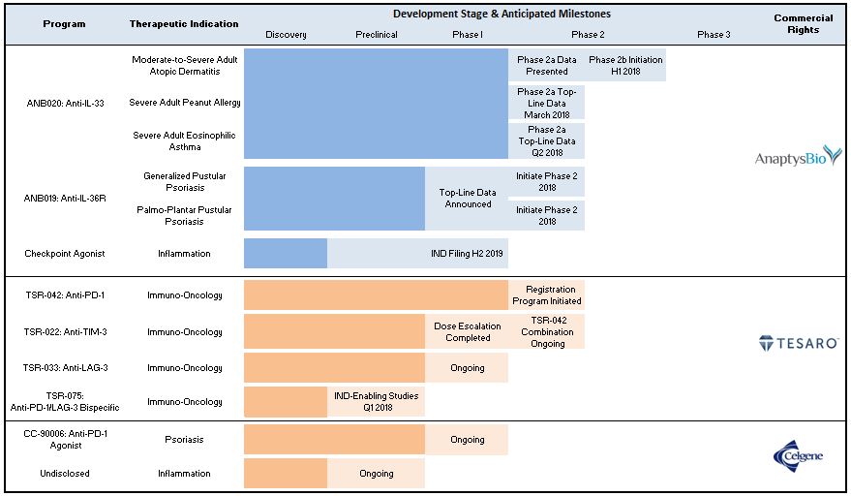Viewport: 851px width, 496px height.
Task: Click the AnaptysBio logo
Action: pyautogui.click(x=798, y=156)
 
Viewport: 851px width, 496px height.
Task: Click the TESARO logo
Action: pyautogui.click(x=798, y=342)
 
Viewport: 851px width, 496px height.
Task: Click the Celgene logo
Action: pyautogui.click(x=798, y=455)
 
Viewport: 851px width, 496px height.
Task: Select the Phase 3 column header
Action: pyautogui.click(x=714, y=35)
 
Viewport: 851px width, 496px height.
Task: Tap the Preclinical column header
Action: pyautogui.click(x=376, y=35)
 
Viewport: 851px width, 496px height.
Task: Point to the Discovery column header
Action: pyautogui.click(x=286, y=35)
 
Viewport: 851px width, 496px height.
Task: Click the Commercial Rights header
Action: pyautogui.click(x=798, y=23)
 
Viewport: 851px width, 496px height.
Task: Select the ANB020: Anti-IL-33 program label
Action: pyautogui.click(x=65, y=102)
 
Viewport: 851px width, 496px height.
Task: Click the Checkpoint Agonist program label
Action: pyautogui.click(x=65, y=254)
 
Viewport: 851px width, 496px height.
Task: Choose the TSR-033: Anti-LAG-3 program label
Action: pyautogui.click(x=65, y=368)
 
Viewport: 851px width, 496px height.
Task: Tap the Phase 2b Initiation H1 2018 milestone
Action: pyautogui.click(x=626, y=65)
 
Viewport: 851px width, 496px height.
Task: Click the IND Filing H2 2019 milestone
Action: pyautogui.click(x=467, y=254)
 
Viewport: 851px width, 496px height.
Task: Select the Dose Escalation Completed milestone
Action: pyautogui.click(x=467, y=331)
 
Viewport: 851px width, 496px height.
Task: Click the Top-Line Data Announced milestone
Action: pyautogui.click(x=467, y=199)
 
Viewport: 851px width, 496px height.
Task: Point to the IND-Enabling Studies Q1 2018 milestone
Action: pyautogui.click(x=376, y=401)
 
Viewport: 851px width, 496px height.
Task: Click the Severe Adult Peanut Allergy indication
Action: pyautogui.click(x=185, y=102)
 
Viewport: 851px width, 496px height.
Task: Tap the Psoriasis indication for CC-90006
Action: pyautogui.click(x=185, y=439)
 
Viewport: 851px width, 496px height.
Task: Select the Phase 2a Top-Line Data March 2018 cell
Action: pyautogui.click(x=547, y=103)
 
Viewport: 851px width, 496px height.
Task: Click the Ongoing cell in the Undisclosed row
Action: pyautogui.click(x=376, y=474)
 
